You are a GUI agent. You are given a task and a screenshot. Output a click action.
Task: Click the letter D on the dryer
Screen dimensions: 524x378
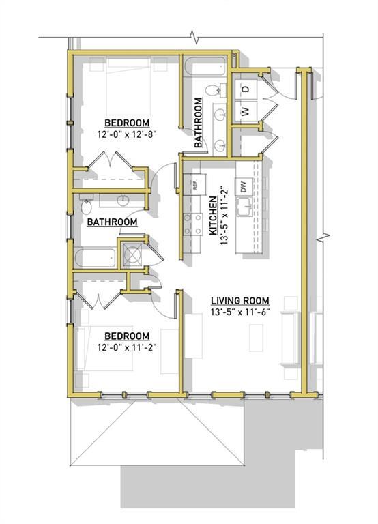[247, 89]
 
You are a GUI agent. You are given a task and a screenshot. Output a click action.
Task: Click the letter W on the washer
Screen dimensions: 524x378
[244, 111]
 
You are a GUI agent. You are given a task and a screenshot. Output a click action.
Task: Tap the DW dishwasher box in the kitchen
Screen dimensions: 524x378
[242, 185]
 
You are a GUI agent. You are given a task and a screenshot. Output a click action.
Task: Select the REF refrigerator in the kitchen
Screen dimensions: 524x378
[194, 184]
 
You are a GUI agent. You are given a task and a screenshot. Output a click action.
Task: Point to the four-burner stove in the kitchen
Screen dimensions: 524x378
[193, 223]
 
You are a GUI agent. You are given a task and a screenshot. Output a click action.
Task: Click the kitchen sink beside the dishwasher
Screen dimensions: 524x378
[243, 208]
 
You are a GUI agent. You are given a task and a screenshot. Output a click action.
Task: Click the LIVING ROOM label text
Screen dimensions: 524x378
[239, 300]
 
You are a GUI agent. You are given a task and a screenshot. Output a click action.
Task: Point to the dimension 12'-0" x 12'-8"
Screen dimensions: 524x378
[123, 134]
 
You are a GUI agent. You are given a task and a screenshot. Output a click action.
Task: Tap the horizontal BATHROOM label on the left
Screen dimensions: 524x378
[112, 222]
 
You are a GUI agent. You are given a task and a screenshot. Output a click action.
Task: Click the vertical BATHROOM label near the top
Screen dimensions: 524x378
[199, 123]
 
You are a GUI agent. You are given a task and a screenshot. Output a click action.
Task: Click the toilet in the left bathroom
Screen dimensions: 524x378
[87, 207]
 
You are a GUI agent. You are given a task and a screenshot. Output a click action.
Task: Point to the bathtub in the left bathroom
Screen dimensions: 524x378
[96, 258]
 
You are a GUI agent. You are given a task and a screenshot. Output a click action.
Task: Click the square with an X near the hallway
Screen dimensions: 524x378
[131, 253]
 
